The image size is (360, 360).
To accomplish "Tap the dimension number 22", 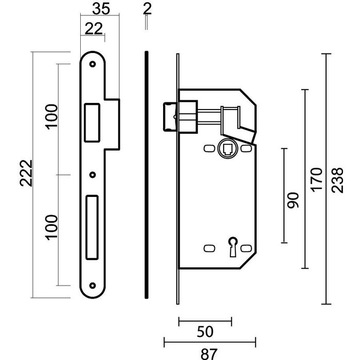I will click(x=93, y=30).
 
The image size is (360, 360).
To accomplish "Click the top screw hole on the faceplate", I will click(x=93, y=65).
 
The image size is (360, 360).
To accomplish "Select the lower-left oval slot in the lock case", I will click(x=209, y=248).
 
